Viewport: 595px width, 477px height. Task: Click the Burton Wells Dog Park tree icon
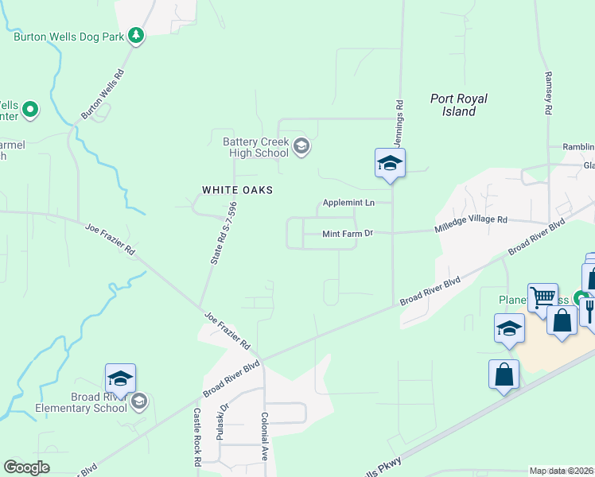[x=137, y=36]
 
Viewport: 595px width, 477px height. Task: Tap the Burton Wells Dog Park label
[x=68, y=37]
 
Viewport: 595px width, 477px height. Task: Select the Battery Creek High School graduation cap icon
[x=301, y=145]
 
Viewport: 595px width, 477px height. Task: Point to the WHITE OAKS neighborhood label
[x=237, y=190]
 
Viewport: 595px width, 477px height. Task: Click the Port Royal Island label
[x=459, y=105]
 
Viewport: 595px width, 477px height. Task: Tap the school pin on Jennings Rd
[x=390, y=164]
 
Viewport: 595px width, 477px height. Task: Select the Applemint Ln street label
[x=348, y=203]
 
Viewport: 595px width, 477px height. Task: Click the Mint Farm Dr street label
[x=347, y=234]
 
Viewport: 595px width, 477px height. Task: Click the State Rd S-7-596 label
[x=223, y=232]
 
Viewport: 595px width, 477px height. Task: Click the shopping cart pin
[x=542, y=298]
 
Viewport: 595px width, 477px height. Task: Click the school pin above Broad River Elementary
[x=119, y=379]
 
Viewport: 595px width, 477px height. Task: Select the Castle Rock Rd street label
[x=196, y=437]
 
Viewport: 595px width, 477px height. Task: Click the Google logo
[x=27, y=467]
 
